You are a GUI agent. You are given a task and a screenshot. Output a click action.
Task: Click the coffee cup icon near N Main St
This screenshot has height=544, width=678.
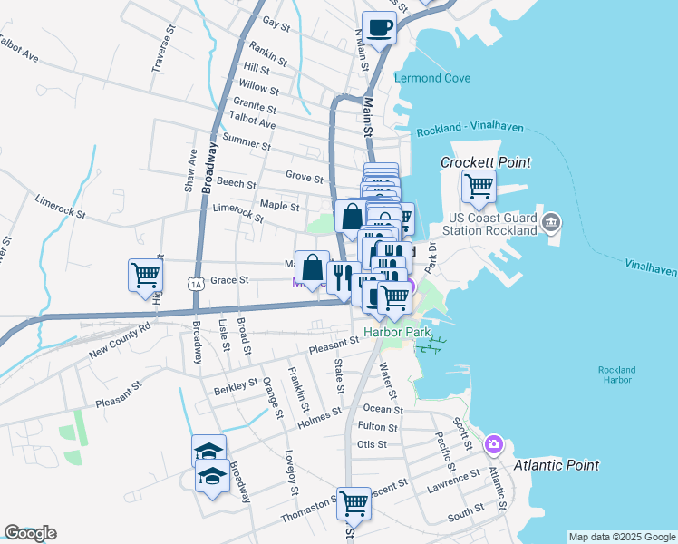click(x=379, y=27)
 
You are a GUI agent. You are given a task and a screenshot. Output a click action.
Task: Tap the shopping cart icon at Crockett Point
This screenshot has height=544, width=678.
click(x=479, y=187)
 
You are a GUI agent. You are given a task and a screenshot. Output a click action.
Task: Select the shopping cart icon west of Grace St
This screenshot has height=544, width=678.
click(x=145, y=276)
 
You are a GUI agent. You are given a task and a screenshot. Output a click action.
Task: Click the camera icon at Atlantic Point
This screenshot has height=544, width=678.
click(x=494, y=443)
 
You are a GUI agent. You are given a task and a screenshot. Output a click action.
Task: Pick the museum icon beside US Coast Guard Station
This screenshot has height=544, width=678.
click(x=550, y=222)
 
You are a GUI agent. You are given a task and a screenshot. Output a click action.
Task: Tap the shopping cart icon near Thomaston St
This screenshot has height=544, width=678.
click(x=354, y=502)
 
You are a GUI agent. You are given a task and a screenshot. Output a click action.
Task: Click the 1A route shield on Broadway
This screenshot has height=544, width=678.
click(x=197, y=284)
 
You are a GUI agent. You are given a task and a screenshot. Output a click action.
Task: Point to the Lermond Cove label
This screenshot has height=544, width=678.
click(x=432, y=78)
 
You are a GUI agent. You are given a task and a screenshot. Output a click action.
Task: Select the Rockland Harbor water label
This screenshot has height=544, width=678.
click(x=616, y=374)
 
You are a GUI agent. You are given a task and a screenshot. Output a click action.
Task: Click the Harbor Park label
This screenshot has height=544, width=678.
click(x=395, y=332)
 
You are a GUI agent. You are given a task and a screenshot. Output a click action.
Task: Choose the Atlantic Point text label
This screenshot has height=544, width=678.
click(x=557, y=465)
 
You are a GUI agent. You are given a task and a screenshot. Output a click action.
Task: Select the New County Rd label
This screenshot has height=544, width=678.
click(x=120, y=338)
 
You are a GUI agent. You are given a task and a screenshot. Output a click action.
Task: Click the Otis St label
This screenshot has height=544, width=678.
click(x=372, y=444)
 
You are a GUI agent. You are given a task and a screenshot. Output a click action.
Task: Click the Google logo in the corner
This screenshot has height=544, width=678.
click(x=30, y=533)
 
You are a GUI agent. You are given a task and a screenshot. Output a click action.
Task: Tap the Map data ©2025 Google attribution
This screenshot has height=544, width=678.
click(x=621, y=537)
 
